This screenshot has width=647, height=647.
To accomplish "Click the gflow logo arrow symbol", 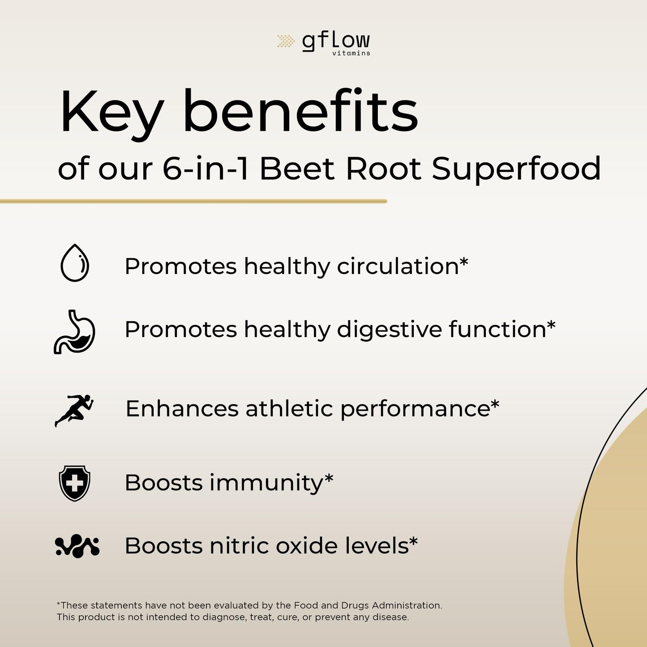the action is (286, 41).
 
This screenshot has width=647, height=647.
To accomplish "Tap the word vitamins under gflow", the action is (351, 53).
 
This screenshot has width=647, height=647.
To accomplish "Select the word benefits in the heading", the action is (301, 111).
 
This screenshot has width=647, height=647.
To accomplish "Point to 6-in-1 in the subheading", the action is (206, 168).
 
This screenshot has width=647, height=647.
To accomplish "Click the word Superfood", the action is (516, 170).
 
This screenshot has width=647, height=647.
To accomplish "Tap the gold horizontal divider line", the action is (193, 201).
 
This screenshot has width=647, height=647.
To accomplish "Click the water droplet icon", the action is (75, 262).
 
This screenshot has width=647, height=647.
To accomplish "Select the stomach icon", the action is (74, 332).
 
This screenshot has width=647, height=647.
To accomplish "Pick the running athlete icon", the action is (74, 410).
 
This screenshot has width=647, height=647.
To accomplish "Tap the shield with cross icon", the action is (74, 483).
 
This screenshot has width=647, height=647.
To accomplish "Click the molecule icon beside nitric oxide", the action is (77, 546).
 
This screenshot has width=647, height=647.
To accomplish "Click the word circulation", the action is (398, 266).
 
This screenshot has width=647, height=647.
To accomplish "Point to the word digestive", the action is (390, 330).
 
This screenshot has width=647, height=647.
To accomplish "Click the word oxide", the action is (307, 546).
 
